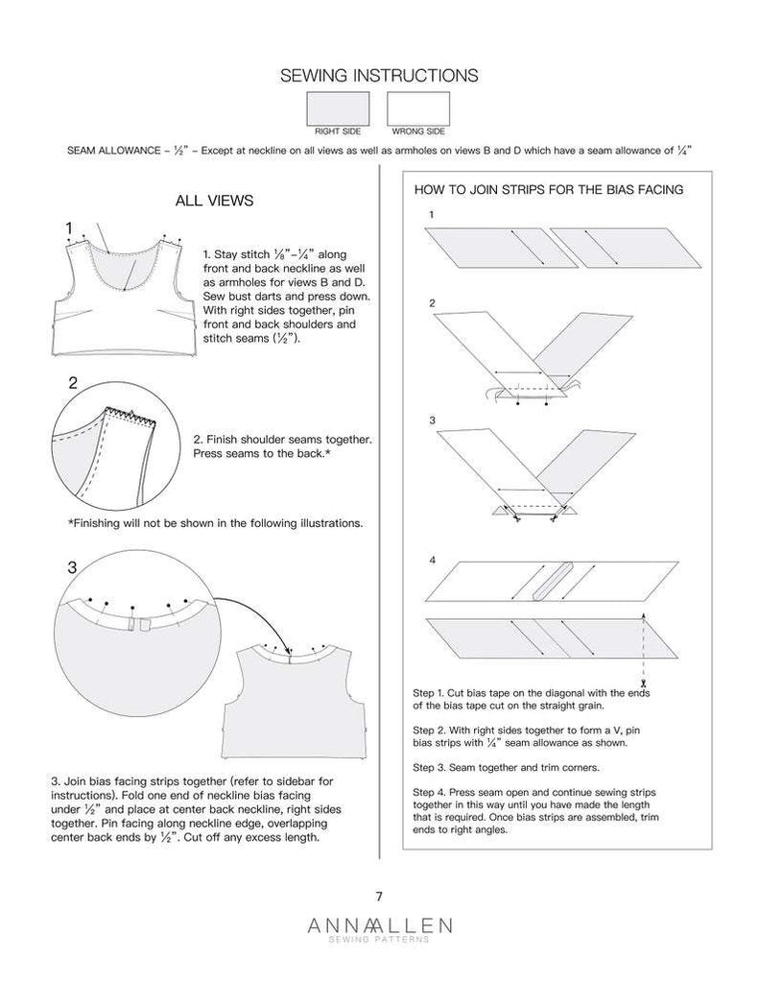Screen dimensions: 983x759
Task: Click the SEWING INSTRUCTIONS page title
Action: (x=378, y=75)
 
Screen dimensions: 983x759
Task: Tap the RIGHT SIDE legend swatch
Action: (x=338, y=107)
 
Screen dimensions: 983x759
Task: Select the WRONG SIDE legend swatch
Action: (x=417, y=107)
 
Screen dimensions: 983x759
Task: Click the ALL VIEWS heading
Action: (x=214, y=201)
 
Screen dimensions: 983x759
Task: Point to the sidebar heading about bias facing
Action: (x=548, y=189)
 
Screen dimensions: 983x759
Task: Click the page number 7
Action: (x=379, y=897)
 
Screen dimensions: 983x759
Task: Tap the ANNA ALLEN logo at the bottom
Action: (x=379, y=928)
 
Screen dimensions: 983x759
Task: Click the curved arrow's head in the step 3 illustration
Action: (x=291, y=650)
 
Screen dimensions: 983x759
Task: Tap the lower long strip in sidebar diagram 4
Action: (x=543, y=639)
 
